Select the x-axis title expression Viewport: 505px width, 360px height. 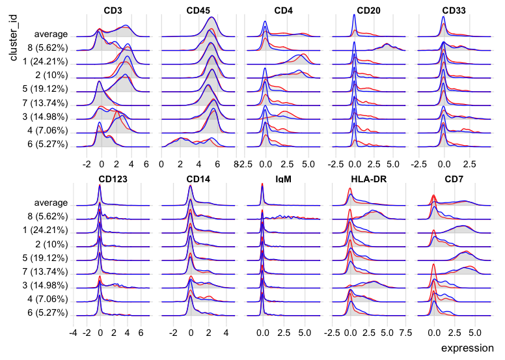pos(467,348)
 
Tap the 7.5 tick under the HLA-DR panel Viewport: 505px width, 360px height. pos(405,332)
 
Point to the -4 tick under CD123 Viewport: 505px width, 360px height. pos(75,332)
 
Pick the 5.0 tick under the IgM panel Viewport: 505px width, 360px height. pos(303,332)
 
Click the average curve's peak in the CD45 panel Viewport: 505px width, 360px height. pos(212,18)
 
